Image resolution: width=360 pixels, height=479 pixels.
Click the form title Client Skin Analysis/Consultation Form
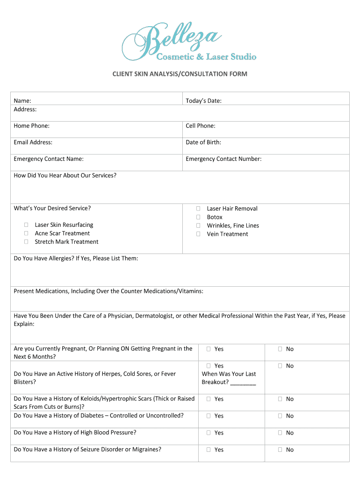click(180, 74)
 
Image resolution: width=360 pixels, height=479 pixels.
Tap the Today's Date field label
click(203, 101)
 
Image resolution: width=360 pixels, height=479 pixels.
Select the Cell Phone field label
click(200, 126)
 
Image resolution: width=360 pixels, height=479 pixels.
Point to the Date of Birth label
click(203, 142)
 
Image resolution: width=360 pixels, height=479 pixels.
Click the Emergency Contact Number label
click(223, 159)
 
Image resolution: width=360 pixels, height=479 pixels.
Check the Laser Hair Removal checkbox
click(198, 209)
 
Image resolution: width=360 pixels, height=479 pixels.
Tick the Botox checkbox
click(198, 217)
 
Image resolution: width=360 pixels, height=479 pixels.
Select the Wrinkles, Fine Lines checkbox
click(198, 225)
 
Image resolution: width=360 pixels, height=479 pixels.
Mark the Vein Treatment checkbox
click(198, 234)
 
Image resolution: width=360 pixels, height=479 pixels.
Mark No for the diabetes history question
click(280, 416)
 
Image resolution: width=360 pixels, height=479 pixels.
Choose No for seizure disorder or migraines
click(280, 450)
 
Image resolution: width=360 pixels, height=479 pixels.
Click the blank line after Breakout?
click(243, 383)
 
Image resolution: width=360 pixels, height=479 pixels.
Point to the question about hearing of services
click(65, 175)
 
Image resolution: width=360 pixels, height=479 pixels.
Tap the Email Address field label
click(33, 142)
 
